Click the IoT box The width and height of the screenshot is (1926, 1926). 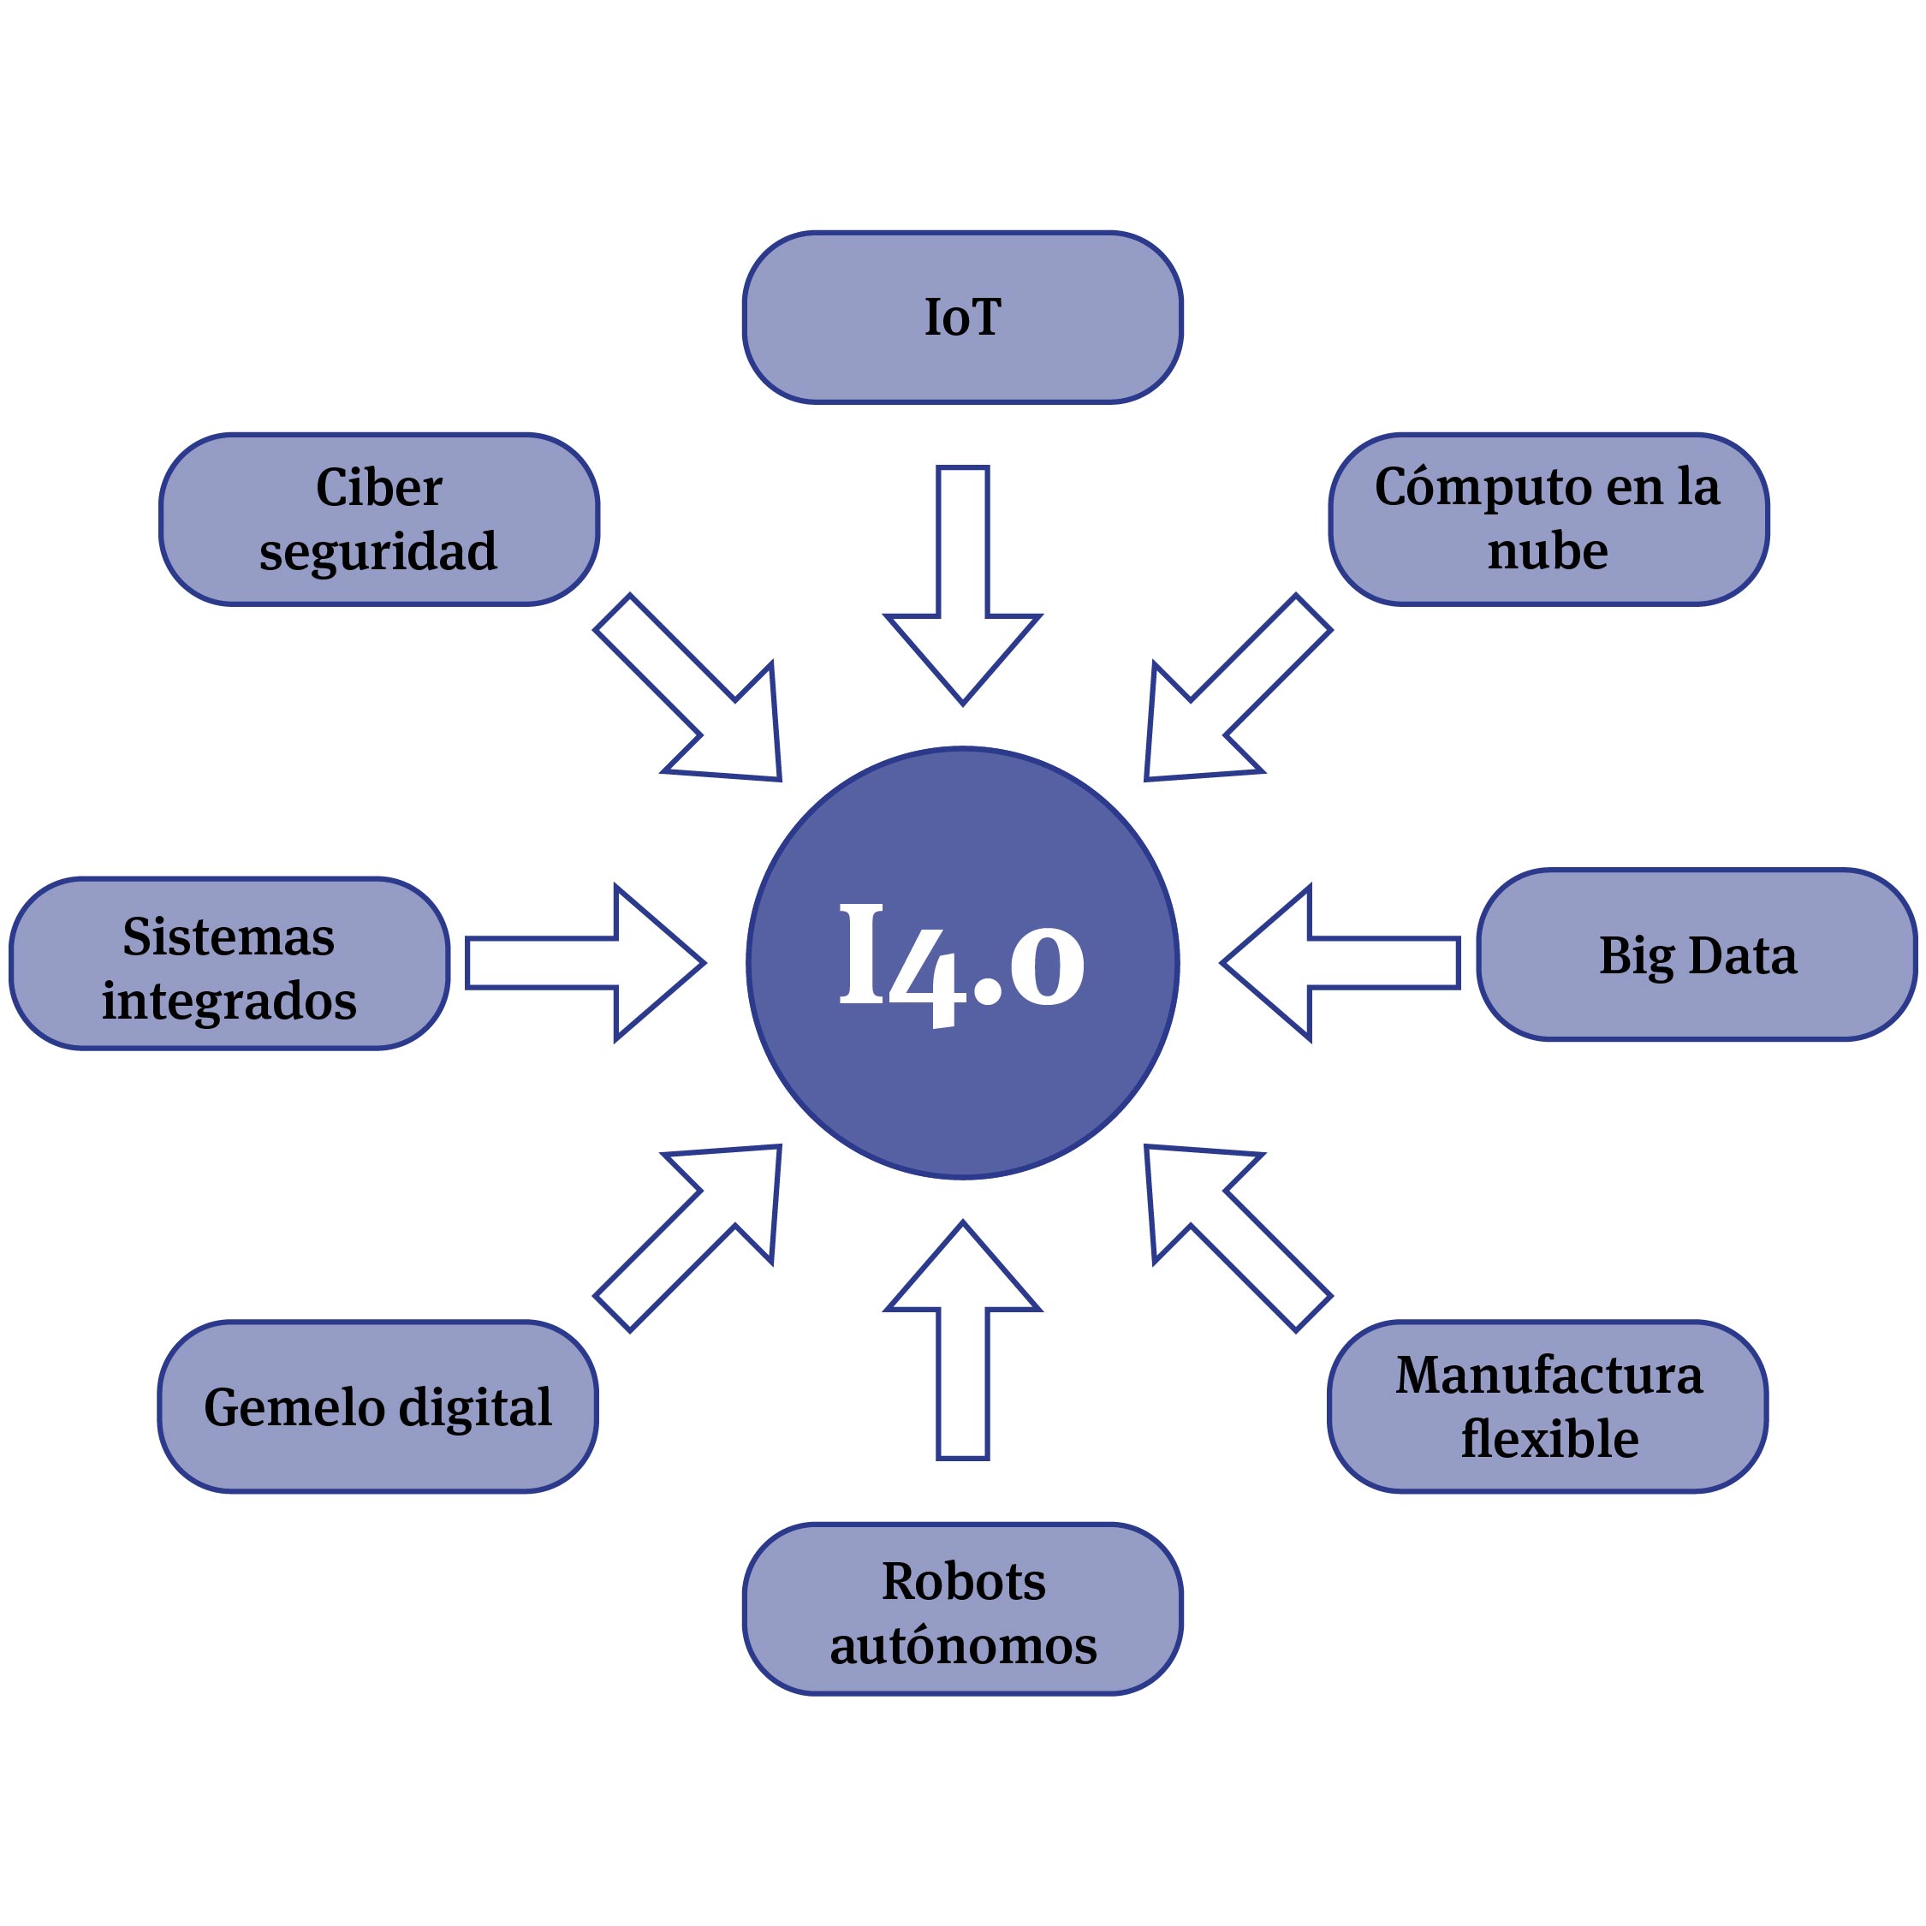[x=962, y=317]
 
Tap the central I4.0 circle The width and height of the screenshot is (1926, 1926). [x=962, y=963]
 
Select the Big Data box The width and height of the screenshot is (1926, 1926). [x=1697, y=955]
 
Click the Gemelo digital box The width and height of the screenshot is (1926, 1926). [x=377, y=1406]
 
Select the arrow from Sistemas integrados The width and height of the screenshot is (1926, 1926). [x=588, y=963]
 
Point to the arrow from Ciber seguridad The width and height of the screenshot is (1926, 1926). [x=698, y=698]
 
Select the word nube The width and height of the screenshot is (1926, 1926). [x=1547, y=550]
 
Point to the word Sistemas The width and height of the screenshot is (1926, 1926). [x=229, y=936]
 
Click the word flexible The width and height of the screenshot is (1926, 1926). [x=1549, y=1439]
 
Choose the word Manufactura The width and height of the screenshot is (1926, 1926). [x=1549, y=1375]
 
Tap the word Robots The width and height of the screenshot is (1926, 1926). [x=963, y=1581]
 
